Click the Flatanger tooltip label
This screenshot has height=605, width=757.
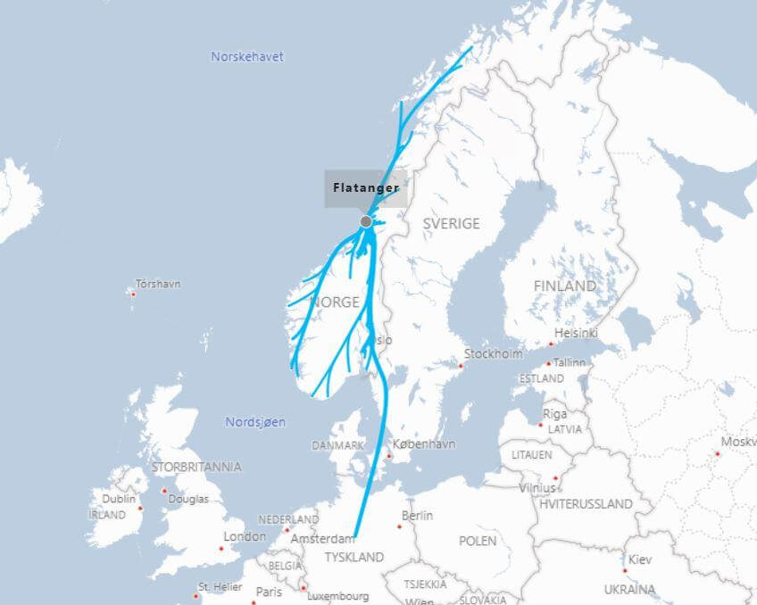coord(365,188)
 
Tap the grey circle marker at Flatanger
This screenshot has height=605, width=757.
coord(366,221)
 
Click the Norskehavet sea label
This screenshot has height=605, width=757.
coord(247,56)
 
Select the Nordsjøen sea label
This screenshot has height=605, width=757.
coord(255,422)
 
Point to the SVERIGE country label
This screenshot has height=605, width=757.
coord(451,223)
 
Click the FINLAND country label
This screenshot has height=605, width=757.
coord(564,286)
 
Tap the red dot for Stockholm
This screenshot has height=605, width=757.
coord(462,365)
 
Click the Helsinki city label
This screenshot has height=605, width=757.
coord(576,333)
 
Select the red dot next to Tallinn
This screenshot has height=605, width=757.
coord(547,363)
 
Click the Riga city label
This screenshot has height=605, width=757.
coord(554,414)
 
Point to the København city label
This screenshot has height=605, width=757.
coord(424,443)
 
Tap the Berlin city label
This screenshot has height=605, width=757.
coord(417,516)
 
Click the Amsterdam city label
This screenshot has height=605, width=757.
coord(322,539)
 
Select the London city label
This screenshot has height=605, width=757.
coord(245,536)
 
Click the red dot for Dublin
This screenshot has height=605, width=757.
coord(140,509)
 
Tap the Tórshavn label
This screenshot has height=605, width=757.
coord(157,284)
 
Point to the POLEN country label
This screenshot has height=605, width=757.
coord(478,541)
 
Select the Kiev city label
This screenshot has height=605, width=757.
coord(640,559)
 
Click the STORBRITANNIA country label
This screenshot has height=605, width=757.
coord(196,467)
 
